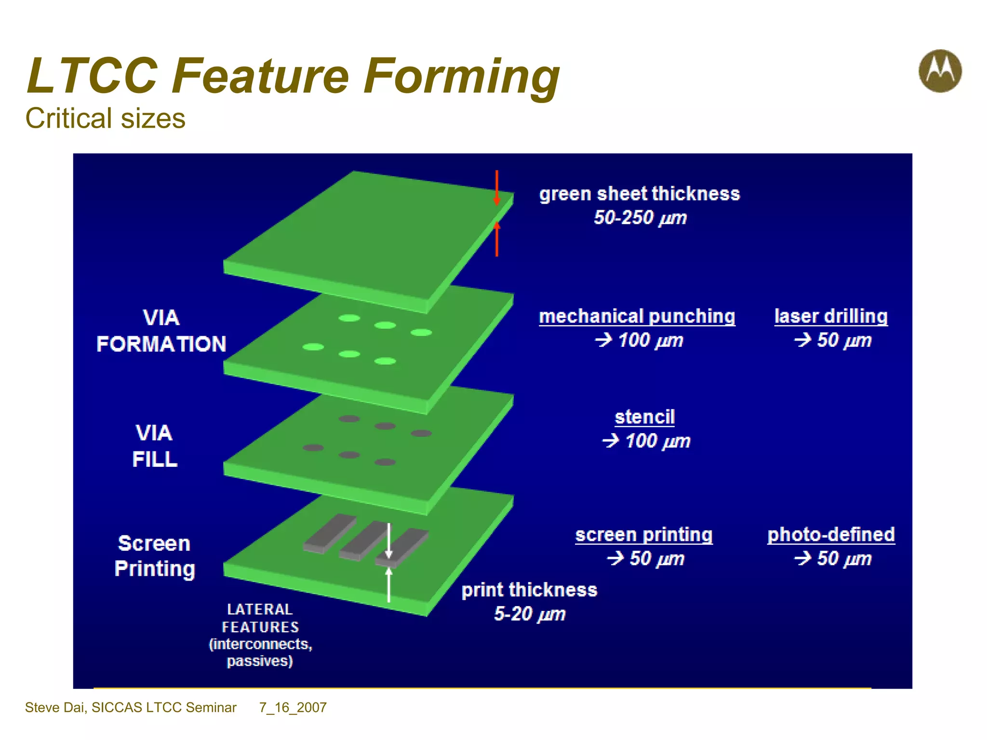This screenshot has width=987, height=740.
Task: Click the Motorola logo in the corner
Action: tap(940, 71)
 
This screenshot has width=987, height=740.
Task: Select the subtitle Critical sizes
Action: tap(105, 119)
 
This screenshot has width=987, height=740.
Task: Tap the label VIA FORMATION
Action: tap(161, 331)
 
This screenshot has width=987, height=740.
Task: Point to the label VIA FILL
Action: tap(154, 446)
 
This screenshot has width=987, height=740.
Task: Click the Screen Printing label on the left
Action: tap(154, 556)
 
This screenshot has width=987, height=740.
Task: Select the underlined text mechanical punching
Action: tap(637, 317)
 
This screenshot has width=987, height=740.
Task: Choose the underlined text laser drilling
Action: tap(831, 317)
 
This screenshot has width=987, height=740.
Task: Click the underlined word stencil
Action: tap(644, 417)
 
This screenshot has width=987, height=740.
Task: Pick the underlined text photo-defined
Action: tap(831, 535)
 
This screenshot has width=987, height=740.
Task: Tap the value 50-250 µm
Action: tap(640, 218)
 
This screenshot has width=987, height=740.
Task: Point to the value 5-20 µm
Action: tap(529, 614)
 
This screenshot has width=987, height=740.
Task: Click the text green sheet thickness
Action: tap(639, 194)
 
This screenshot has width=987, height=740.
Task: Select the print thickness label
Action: tap(529, 590)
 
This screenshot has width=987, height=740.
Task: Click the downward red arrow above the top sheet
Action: tap(496, 188)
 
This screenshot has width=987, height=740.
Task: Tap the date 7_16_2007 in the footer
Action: tap(293, 707)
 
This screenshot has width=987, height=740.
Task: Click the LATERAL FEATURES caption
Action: tap(260, 618)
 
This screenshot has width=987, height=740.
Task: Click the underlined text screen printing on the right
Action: tap(644, 535)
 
